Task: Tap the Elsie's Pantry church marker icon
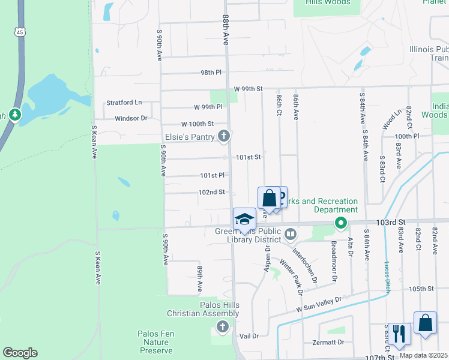click(x=224, y=137)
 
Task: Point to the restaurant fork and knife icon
click(x=399, y=333)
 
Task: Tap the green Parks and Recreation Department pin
click(x=341, y=224)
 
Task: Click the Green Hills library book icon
click(x=291, y=233)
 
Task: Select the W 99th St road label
click(x=249, y=89)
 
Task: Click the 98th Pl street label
click(x=211, y=73)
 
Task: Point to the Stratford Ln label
click(x=124, y=103)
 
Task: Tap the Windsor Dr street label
click(x=131, y=118)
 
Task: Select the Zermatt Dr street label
click(x=329, y=343)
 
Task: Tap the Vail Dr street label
click(x=248, y=337)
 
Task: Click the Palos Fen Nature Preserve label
click(x=155, y=342)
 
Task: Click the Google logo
click(x=20, y=353)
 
